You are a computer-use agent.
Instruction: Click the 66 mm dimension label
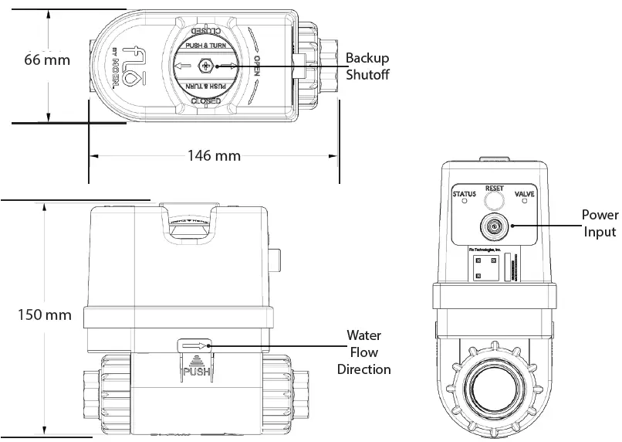pos(47,59)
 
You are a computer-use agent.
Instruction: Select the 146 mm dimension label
pos(214,155)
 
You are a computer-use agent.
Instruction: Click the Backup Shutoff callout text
pos(367,66)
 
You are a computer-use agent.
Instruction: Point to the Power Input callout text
pos(599,223)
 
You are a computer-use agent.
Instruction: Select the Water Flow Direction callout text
pos(363,352)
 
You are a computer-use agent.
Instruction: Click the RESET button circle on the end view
pos(493,202)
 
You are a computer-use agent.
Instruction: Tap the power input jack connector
pos(493,227)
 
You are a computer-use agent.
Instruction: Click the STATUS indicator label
pos(464,193)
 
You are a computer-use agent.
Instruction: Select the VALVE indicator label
pos(524,193)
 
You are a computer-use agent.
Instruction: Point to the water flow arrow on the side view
pos(194,347)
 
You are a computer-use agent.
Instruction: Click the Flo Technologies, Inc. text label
pos(486,250)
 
